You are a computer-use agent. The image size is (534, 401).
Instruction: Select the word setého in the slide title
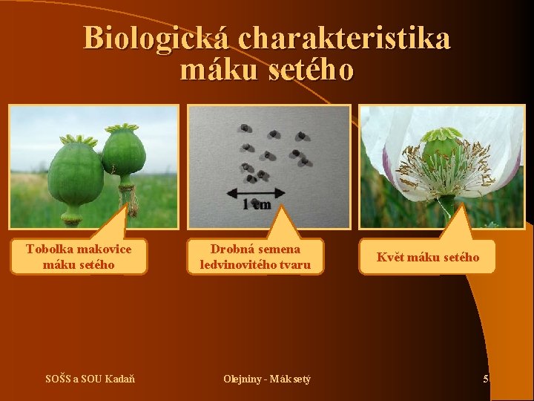coord(312,71)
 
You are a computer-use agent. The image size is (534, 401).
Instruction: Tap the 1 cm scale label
coord(257,205)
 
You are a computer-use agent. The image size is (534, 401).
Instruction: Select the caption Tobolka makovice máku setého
coord(79,256)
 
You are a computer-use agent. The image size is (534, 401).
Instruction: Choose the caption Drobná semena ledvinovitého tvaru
coord(255,256)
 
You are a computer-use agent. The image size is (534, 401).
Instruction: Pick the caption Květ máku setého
coord(428,257)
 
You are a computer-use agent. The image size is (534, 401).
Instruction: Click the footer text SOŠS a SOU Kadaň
coord(90,379)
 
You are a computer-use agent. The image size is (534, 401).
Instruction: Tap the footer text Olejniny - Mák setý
coord(267,379)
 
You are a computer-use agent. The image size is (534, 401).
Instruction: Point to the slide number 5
coord(486,379)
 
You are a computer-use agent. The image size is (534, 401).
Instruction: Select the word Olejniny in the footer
coord(240,379)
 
